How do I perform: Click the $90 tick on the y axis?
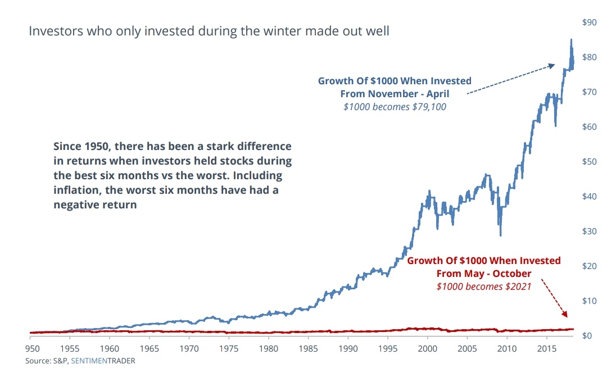(589, 22)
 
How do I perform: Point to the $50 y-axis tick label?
(589, 162)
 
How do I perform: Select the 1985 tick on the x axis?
(308, 349)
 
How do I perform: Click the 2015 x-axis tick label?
(547, 349)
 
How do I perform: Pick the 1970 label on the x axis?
(189, 349)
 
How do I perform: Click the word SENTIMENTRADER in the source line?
(103, 361)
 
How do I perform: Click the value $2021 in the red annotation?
(518, 286)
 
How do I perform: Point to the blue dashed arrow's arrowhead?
(551, 66)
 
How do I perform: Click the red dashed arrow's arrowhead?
(565, 314)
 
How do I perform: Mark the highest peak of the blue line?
(571, 40)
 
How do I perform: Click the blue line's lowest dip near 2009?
(501, 235)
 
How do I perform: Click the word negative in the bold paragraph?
(76, 205)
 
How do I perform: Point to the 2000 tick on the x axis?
(427, 349)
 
